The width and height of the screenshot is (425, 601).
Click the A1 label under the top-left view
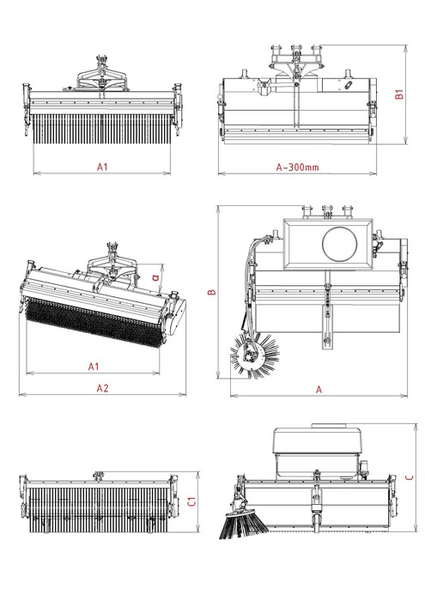[102, 167]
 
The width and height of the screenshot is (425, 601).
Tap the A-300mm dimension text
[297, 167]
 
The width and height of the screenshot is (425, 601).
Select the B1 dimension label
[399, 94]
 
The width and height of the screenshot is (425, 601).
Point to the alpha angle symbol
[155, 276]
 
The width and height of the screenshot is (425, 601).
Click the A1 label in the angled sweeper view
[94, 367]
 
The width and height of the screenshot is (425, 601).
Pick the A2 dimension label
[102, 388]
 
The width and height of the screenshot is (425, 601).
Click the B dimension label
[211, 292]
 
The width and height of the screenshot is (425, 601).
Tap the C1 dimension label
[191, 501]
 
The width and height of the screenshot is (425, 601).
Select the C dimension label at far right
[410, 477]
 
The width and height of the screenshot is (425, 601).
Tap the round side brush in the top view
[254, 355]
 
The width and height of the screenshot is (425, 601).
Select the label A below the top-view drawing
[319, 390]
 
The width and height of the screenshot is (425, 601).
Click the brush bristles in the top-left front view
[101, 129]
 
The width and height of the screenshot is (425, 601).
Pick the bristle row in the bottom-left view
[99, 509]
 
